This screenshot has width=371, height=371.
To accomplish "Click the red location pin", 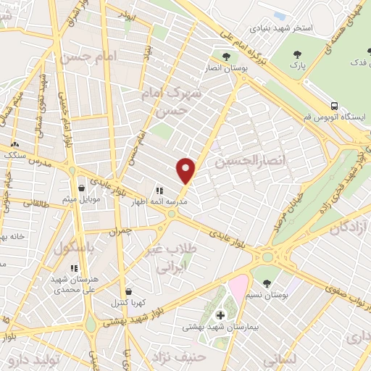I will click(186, 170).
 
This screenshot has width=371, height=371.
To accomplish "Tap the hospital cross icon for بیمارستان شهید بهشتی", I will click(222, 315).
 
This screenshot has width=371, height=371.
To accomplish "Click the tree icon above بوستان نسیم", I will click(267, 283).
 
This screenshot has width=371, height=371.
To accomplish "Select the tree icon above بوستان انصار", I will click(226, 56).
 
